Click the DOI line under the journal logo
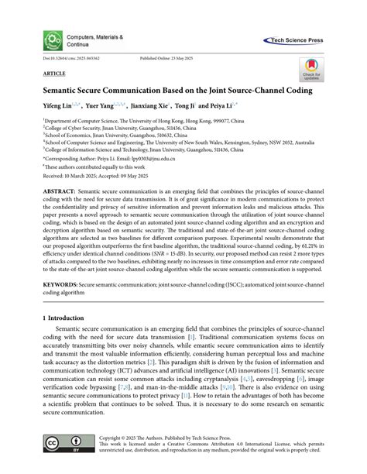click(x=67, y=58)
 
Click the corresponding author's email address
click(x=173, y=159)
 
